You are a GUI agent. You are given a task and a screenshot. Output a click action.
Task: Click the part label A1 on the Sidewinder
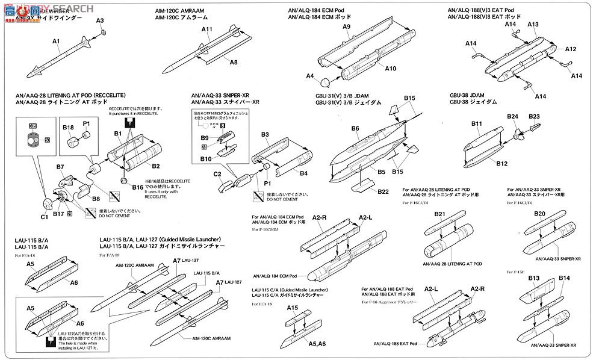coord(56,41)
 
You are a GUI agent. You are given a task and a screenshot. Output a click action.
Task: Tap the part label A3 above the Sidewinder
coord(101,21)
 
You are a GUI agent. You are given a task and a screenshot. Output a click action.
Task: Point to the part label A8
coord(233,62)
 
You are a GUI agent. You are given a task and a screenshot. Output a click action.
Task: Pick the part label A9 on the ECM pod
coord(347,27)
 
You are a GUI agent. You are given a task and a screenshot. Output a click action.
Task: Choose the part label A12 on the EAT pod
coord(571,49)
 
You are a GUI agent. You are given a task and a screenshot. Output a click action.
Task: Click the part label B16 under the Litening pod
coord(137,187)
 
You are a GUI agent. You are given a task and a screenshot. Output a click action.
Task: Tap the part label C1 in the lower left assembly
coord(44,217)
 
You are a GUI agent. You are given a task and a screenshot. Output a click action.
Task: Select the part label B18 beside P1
coord(67,128)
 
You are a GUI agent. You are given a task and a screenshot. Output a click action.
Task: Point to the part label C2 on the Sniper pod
coord(218,174)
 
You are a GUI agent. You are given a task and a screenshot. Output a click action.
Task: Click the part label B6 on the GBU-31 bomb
coord(355,128)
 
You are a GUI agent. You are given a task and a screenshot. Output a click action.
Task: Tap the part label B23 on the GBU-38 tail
coord(533,116)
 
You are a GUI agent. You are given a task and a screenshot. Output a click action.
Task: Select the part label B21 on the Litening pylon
coord(439,215)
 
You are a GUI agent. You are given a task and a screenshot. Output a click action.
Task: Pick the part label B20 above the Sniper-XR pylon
coord(539,214)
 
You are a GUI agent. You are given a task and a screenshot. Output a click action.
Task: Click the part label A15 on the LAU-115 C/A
coord(292,308)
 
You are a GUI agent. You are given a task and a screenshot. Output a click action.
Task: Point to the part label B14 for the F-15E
coord(563,278)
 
